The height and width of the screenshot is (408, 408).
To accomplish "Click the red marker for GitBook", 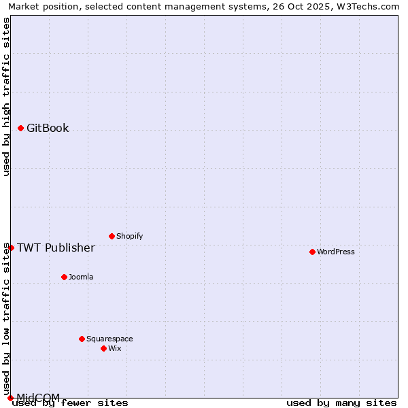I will pyautogui.click(x=21, y=128).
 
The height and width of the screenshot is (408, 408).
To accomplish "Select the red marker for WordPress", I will pyautogui.click(x=312, y=252).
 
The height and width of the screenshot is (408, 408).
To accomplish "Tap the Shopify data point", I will pyautogui.click(x=112, y=236).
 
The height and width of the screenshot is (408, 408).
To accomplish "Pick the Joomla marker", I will pyautogui.click(x=64, y=277).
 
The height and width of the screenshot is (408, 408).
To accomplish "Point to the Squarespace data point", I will pyautogui.click(x=82, y=339).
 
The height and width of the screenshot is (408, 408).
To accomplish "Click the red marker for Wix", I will pyautogui.click(x=103, y=348).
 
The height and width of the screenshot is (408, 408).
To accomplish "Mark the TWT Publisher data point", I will pyautogui.click(x=11, y=248).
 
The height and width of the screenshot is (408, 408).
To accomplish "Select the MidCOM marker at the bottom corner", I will pyautogui.click(x=11, y=398).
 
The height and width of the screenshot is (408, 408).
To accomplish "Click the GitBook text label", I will pyautogui.click(x=48, y=128).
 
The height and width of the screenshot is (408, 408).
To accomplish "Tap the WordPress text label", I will pyautogui.click(x=336, y=252).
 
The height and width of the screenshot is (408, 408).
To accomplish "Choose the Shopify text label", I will pyautogui.click(x=130, y=236).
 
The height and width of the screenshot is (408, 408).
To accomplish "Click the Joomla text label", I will pyautogui.click(x=81, y=277).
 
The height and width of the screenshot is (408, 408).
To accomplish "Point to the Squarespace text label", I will pyautogui.click(x=109, y=339).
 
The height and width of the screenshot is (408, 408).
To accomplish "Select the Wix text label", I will pyautogui.click(x=115, y=348).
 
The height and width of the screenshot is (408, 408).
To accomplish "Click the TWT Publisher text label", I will pyautogui.click(x=56, y=248).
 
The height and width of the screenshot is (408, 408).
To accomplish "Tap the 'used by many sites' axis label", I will pyautogui.click(x=341, y=403).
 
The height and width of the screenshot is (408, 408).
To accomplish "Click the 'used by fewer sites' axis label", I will pyautogui.click(x=71, y=403).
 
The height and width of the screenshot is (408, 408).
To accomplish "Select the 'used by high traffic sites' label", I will pyautogui.click(x=6, y=97).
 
